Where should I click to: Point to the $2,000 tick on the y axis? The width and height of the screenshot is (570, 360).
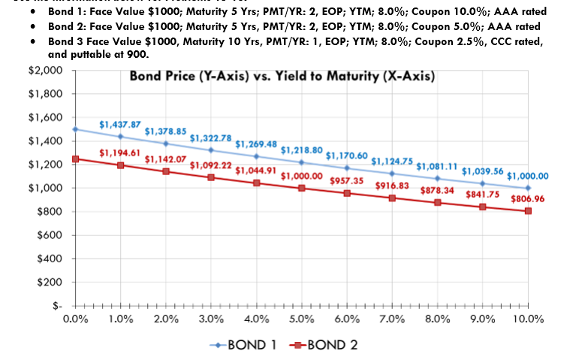pos(44,70)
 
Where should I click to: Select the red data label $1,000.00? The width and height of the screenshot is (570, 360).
pos(301,176)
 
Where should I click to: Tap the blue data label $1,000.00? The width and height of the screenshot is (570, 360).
pos(528,176)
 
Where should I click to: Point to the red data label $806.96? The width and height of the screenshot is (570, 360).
pos(529,199)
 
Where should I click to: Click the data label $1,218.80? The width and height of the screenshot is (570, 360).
pos(301,150)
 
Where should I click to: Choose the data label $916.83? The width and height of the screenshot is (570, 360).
pos(392,185)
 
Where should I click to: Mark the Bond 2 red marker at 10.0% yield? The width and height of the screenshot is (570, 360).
pos(528,211)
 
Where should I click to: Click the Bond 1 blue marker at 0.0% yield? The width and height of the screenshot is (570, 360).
pos(75,129)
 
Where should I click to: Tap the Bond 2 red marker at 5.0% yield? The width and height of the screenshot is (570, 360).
pos(301,188)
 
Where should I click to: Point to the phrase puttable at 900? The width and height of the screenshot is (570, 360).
pos(111,54)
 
